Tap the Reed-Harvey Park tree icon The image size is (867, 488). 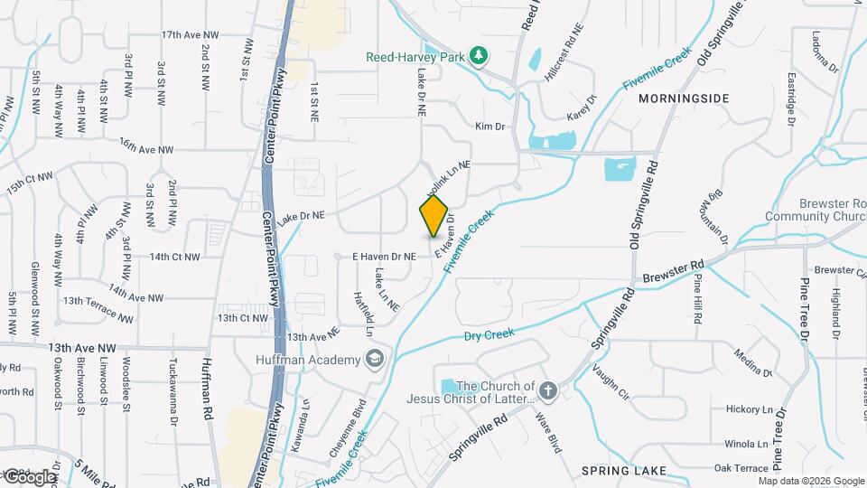click(x=479, y=57)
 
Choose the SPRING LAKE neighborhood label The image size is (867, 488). click(x=624, y=471)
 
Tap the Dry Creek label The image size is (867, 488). click(x=489, y=334)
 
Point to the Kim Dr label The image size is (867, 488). click(x=489, y=127)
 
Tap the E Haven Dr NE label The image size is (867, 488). click(x=384, y=257)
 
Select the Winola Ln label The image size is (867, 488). click(x=745, y=445)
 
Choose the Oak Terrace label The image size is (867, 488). click(x=741, y=467)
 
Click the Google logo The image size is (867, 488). click(x=30, y=476)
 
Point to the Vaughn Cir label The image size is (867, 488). click(x=611, y=381)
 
